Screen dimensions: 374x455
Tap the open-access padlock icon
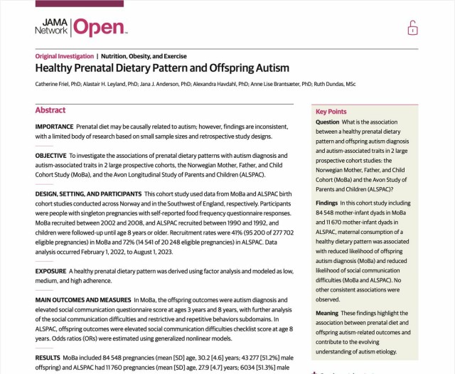(412, 28)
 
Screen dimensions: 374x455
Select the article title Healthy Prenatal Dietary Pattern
(162, 68)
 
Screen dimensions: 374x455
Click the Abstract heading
(50, 110)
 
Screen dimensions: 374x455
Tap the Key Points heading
(331, 112)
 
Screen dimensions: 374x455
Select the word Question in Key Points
(328, 122)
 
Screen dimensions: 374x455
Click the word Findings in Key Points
(327, 203)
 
